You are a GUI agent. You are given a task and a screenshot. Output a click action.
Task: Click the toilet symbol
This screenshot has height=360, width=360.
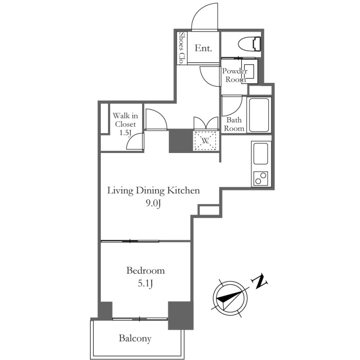pos(250,44)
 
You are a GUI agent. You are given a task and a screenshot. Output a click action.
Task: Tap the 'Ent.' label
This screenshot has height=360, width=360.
pos(203,48)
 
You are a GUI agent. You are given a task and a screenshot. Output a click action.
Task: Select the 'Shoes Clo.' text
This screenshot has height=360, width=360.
pos(182,48)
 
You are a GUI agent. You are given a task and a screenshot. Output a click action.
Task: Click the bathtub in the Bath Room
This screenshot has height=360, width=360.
pos(259,115)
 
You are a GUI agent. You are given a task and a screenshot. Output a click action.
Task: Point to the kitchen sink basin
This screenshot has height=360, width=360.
pos(261,153)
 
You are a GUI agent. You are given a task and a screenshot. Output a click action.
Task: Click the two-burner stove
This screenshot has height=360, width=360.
pos(261,178)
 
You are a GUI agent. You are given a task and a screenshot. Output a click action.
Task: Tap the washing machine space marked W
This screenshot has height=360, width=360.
pos(205,141)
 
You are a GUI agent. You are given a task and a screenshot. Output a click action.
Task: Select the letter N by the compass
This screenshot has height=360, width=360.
pos(260,281)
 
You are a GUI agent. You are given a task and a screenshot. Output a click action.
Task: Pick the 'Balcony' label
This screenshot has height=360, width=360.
pos(135,338)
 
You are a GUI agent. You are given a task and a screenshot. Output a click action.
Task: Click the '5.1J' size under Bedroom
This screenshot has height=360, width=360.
pos(145,284)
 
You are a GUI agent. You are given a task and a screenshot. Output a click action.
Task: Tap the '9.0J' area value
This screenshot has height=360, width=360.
pos(153,203)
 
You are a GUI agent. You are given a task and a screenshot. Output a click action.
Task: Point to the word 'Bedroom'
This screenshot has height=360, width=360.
pos(145,270)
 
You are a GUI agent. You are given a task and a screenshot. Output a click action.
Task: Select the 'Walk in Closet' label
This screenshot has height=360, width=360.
pos(126,120)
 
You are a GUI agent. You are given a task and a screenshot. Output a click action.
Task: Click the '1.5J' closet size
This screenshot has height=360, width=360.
pos(126,132)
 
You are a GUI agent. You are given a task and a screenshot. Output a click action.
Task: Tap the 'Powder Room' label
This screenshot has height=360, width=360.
pos(234,75)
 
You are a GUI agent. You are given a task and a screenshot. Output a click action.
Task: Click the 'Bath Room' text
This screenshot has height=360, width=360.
pos(234,124)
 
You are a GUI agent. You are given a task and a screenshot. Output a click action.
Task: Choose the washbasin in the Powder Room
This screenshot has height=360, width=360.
pos(249,71)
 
